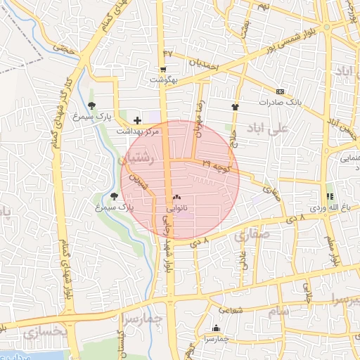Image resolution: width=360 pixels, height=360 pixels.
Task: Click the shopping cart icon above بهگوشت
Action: click(163, 70)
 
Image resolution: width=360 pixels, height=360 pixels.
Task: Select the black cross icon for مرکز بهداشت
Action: click(137, 121)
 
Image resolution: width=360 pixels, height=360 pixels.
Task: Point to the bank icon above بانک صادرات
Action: click(280, 91)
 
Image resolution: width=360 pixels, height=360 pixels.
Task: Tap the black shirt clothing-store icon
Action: click(235, 107)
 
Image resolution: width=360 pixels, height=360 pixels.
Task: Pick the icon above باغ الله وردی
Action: click(328, 196)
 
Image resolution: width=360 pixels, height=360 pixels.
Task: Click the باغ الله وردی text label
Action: click(328, 208)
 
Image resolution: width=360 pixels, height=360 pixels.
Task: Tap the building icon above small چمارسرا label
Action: click(215, 328)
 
